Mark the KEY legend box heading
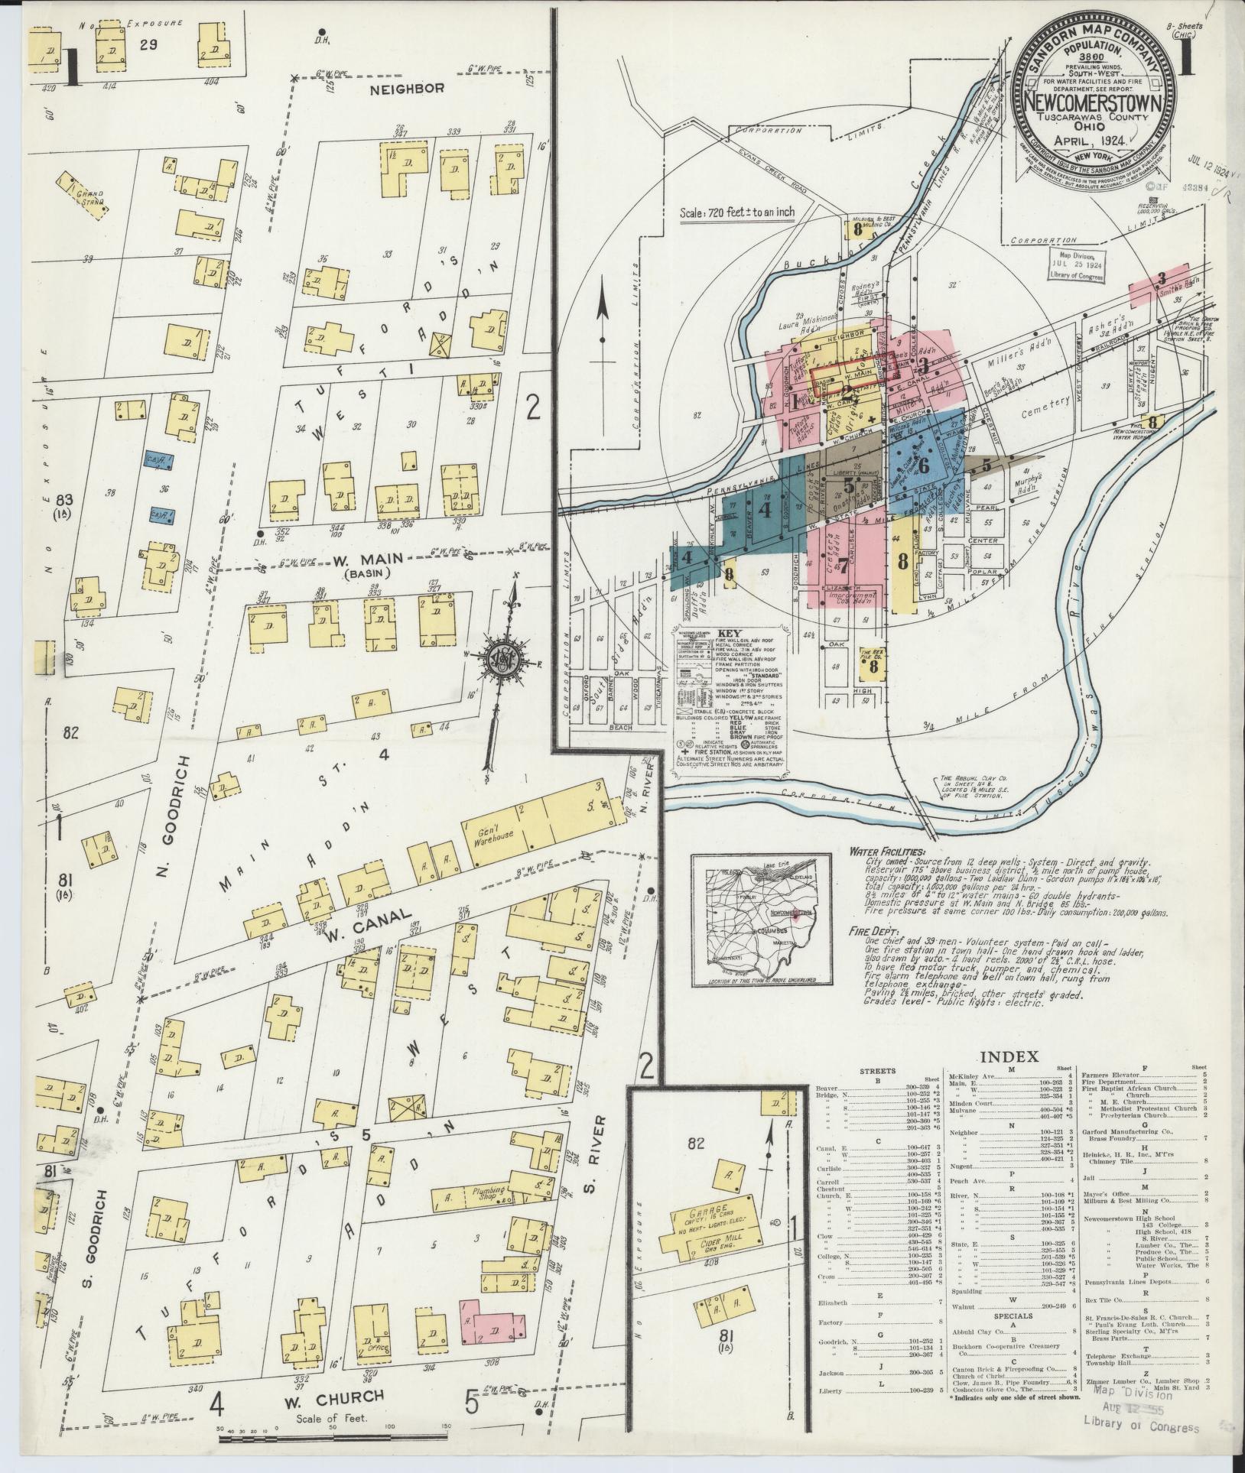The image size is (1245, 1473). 727,634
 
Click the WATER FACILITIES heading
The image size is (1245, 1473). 886,851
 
